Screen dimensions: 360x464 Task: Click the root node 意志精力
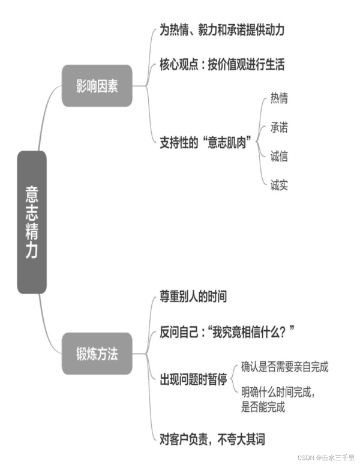point(32,222)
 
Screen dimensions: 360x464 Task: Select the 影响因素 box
point(97,86)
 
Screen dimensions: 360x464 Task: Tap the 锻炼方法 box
point(97,354)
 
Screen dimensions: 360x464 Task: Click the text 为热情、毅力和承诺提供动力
point(222,30)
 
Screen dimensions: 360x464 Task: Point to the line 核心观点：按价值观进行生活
point(222,64)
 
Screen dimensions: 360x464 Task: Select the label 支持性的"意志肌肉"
point(206,143)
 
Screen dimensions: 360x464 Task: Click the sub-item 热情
point(279,98)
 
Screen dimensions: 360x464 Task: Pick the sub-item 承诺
point(279,127)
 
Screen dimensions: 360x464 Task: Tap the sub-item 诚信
point(279,156)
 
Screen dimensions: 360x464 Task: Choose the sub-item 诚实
point(279,185)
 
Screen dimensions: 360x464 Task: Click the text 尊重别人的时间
point(193,297)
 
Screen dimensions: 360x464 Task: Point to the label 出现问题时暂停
point(193,379)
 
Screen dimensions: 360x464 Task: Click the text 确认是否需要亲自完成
point(284,367)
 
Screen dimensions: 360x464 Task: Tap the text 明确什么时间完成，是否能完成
point(278,400)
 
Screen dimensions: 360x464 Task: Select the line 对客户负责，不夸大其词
point(212,439)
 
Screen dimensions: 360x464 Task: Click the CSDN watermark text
point(326,457)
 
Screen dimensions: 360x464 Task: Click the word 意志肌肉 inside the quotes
point(227,143)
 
